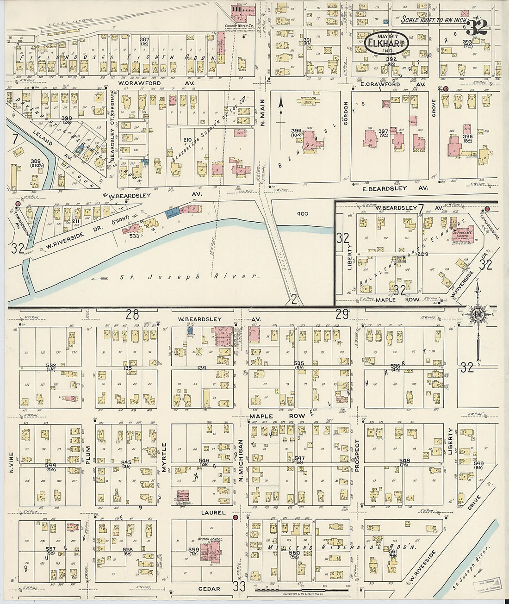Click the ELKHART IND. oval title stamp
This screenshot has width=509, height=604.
coord(388,42)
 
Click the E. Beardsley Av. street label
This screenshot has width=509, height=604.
coord(392,188)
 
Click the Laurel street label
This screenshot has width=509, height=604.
coord(213,513)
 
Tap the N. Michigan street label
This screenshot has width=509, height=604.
coord(241,460)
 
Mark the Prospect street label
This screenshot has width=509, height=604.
coord(357,455)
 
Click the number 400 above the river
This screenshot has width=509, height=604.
coord(303,214)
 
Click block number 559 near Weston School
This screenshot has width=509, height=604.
coord(193,550)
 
